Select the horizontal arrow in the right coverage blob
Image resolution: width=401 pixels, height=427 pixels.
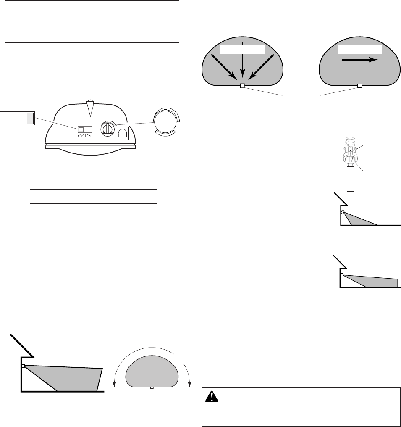click(359, 60)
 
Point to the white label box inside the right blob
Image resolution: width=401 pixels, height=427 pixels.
click(360, 49)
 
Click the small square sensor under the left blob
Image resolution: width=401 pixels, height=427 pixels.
click(242, 86)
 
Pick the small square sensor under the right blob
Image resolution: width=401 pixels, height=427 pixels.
click(359, 86)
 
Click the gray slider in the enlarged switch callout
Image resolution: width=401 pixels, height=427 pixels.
click(29, 119)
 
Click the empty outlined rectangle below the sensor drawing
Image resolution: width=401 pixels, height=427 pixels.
click(93, 196)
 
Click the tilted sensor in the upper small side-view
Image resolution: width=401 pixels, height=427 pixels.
click(343, 212)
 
